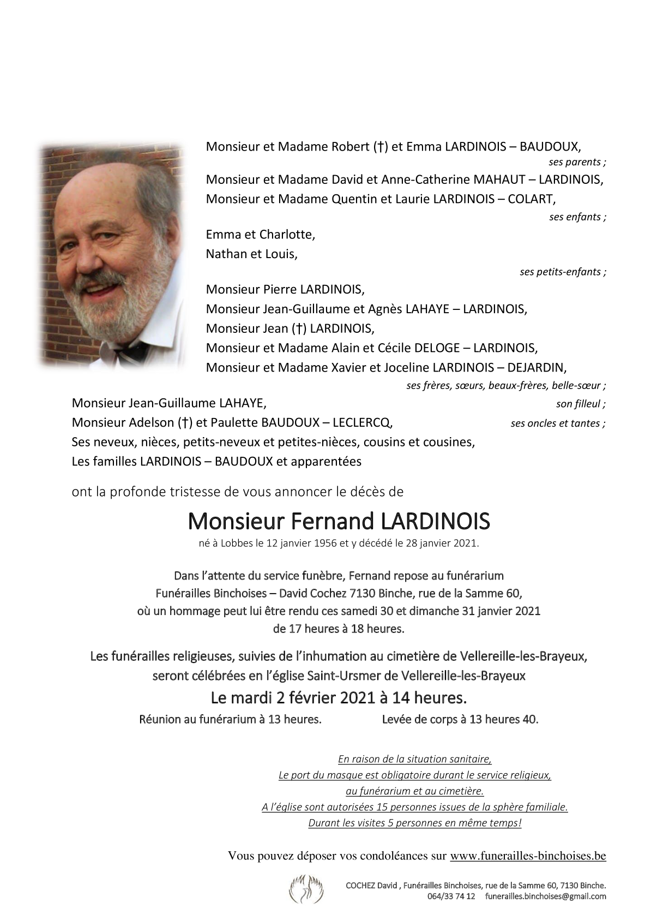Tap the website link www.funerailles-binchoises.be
tap(528, 856)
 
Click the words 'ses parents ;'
tap(577, 162)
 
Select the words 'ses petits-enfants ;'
tap(563, 272)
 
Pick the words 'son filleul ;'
tap(581, 404)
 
